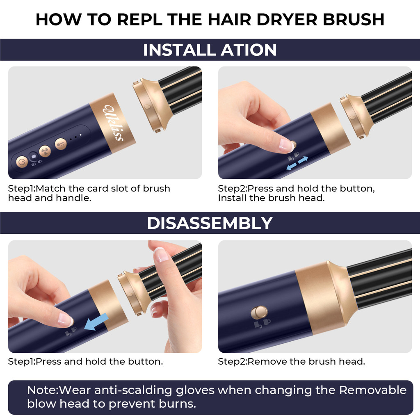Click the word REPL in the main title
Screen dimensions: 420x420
139,19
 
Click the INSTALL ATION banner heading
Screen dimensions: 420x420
210,50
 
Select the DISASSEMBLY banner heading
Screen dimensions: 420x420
210,223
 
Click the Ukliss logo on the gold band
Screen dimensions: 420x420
114,123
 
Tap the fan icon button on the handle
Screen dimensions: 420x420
45,151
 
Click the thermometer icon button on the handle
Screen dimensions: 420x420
61,144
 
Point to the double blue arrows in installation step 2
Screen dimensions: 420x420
297,163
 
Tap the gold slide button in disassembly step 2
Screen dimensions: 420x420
259,313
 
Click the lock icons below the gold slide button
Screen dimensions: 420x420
262,324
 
